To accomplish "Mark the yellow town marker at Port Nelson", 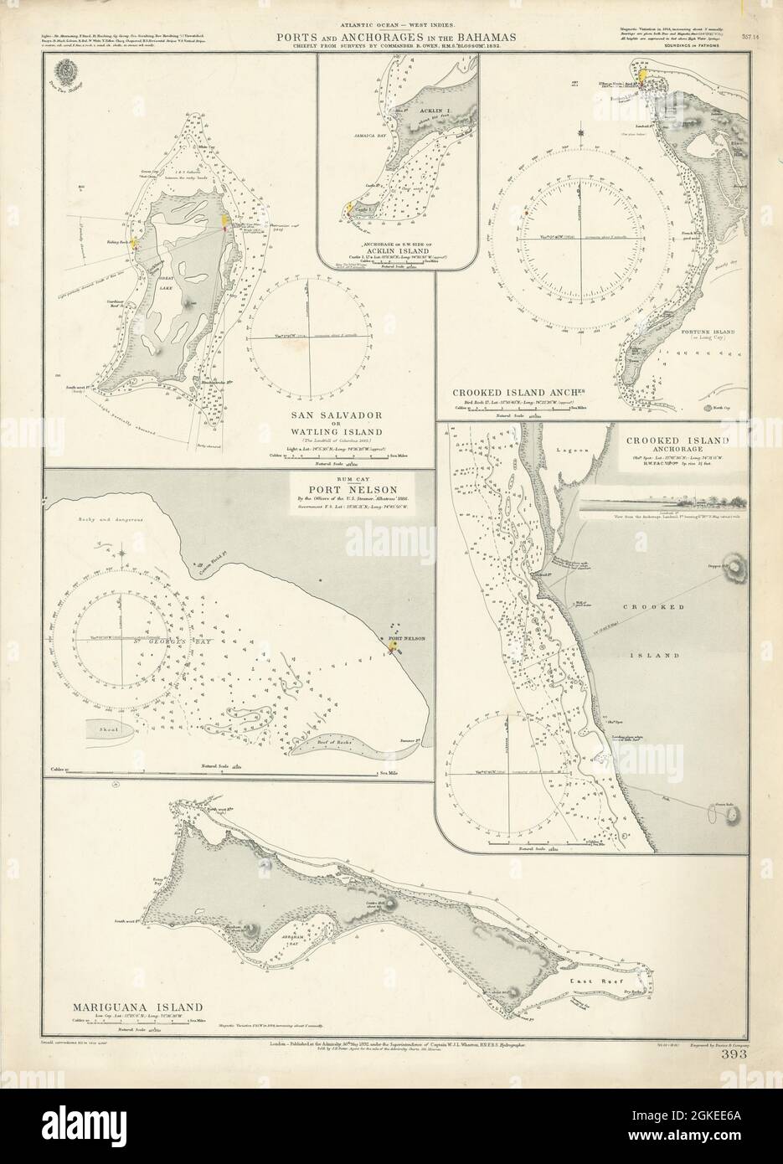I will click(x=392, y=646).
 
